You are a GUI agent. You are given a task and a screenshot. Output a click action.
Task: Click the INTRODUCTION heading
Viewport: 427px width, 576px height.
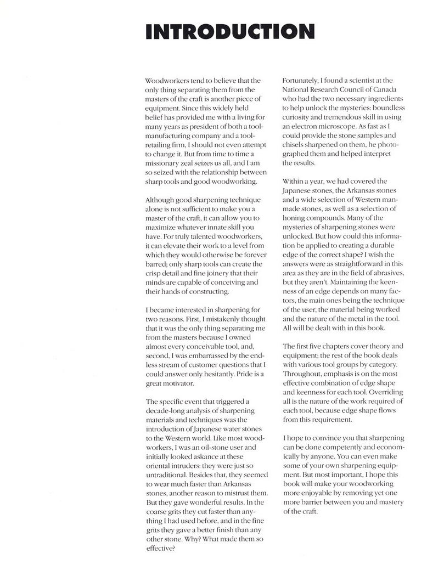[230, 31]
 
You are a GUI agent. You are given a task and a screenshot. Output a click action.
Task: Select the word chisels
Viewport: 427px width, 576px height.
[297, 145]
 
